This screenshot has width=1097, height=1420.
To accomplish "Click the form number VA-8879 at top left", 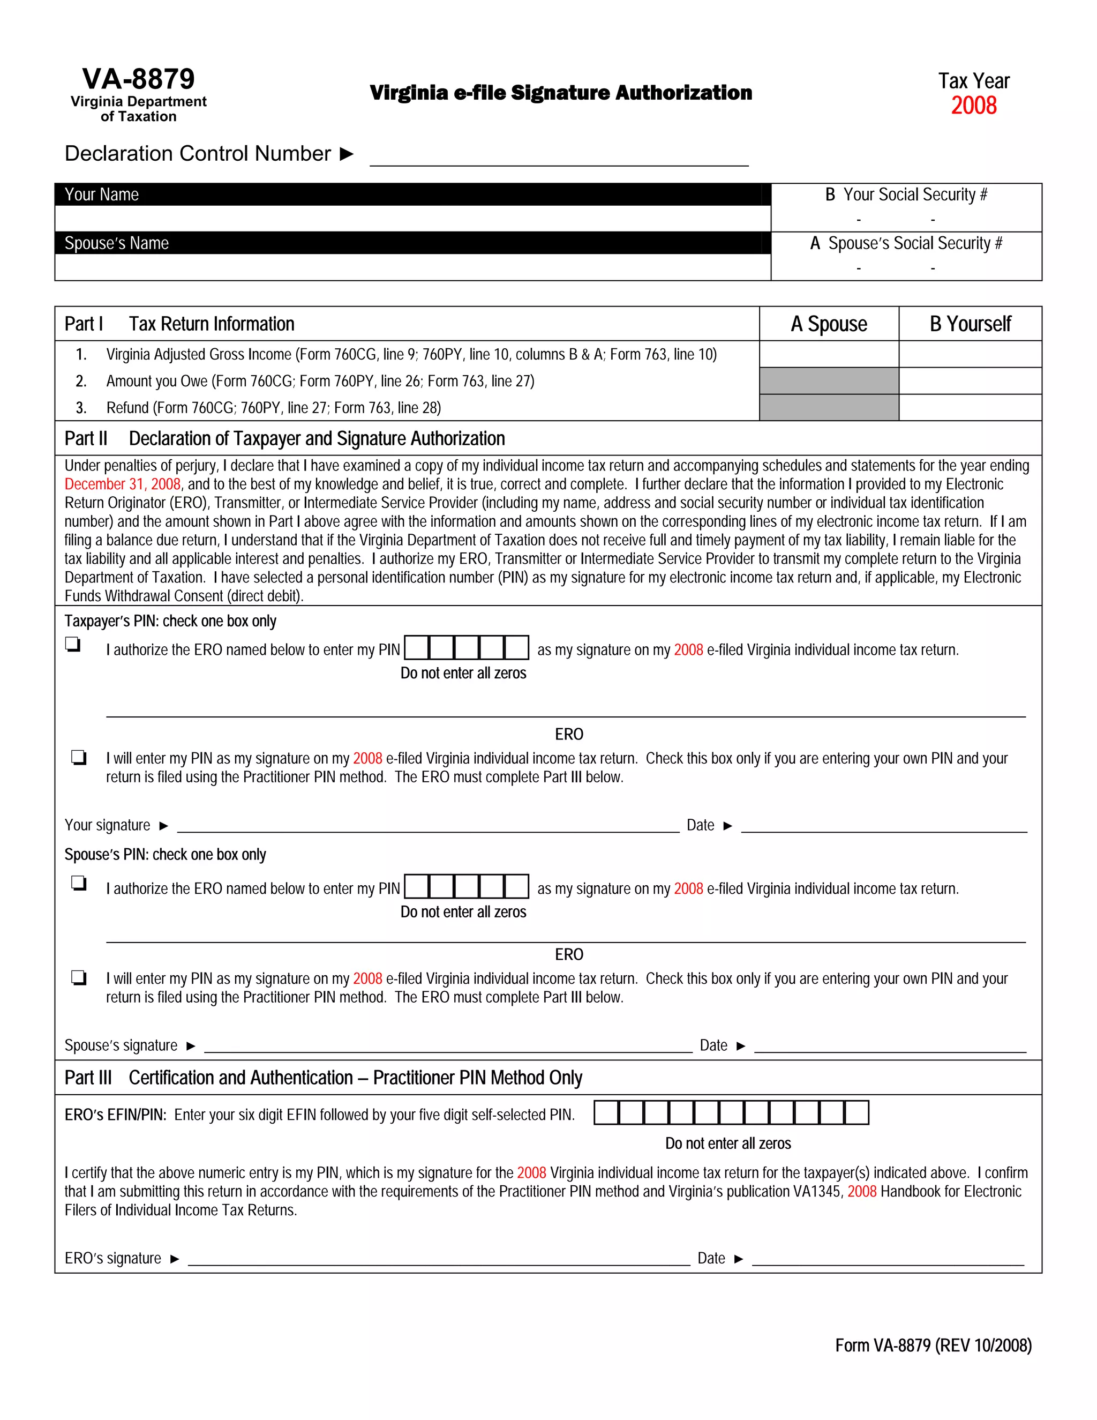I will pyautogui.click(x=138, y=79).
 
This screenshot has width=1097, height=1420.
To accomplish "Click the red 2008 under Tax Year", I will pyautogui.click(x=973, y=106).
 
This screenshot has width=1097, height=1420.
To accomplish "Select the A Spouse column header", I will pyautogui.click(x=829, y=324).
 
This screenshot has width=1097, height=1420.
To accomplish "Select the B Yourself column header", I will pyautogui.click(x=970, y=324).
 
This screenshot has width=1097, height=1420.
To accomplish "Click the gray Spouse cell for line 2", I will pyautogui.click(x=829, y=381).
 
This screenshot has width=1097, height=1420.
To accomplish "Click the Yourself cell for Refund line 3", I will pyautogui.click(x=970, y=408).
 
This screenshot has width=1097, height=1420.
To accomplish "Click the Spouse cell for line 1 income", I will pyautogui.click(x=829, y=354).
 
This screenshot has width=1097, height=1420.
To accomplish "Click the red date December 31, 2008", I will pyautogui.click(x=122, y=484).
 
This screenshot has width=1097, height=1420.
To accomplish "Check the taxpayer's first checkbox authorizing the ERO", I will pyautogui.click(x=72, y=644).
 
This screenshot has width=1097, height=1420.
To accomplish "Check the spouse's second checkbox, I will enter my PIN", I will pyautogui.click(x=79, y=977).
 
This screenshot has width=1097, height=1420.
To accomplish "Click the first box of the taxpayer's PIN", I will pyautogui.click(x=417, y=648).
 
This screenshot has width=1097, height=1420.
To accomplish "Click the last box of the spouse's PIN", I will pyautogui.click(x=517, y=887).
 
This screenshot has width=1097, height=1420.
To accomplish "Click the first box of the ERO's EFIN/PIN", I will pyautogui.click(x=606, y=1112).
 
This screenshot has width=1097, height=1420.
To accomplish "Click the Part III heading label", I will pyautogui.click(x=88, y=1078).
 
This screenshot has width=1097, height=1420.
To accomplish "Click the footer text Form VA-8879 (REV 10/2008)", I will pyautogui.click(x=933, y=1345).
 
